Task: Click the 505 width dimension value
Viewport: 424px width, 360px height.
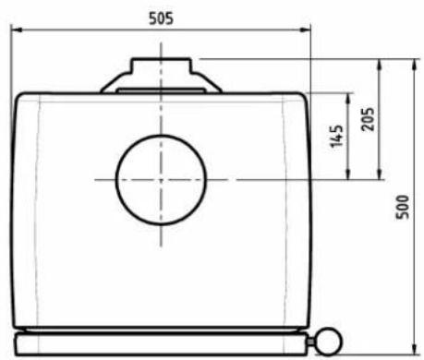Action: (161, 18)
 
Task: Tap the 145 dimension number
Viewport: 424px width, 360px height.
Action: (336, 136)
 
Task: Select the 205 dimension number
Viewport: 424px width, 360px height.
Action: (368, 119)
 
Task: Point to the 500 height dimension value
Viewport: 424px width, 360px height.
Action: (403, 207)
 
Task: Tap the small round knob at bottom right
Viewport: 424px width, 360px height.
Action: (329, 342)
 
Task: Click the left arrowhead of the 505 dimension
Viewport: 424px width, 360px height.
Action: (16, 30)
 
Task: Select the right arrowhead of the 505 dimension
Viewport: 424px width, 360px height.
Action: (305, 30)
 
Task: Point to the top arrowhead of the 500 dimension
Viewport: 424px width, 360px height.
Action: (415, 65)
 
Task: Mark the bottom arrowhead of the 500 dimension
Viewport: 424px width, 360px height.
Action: (415, 349)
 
